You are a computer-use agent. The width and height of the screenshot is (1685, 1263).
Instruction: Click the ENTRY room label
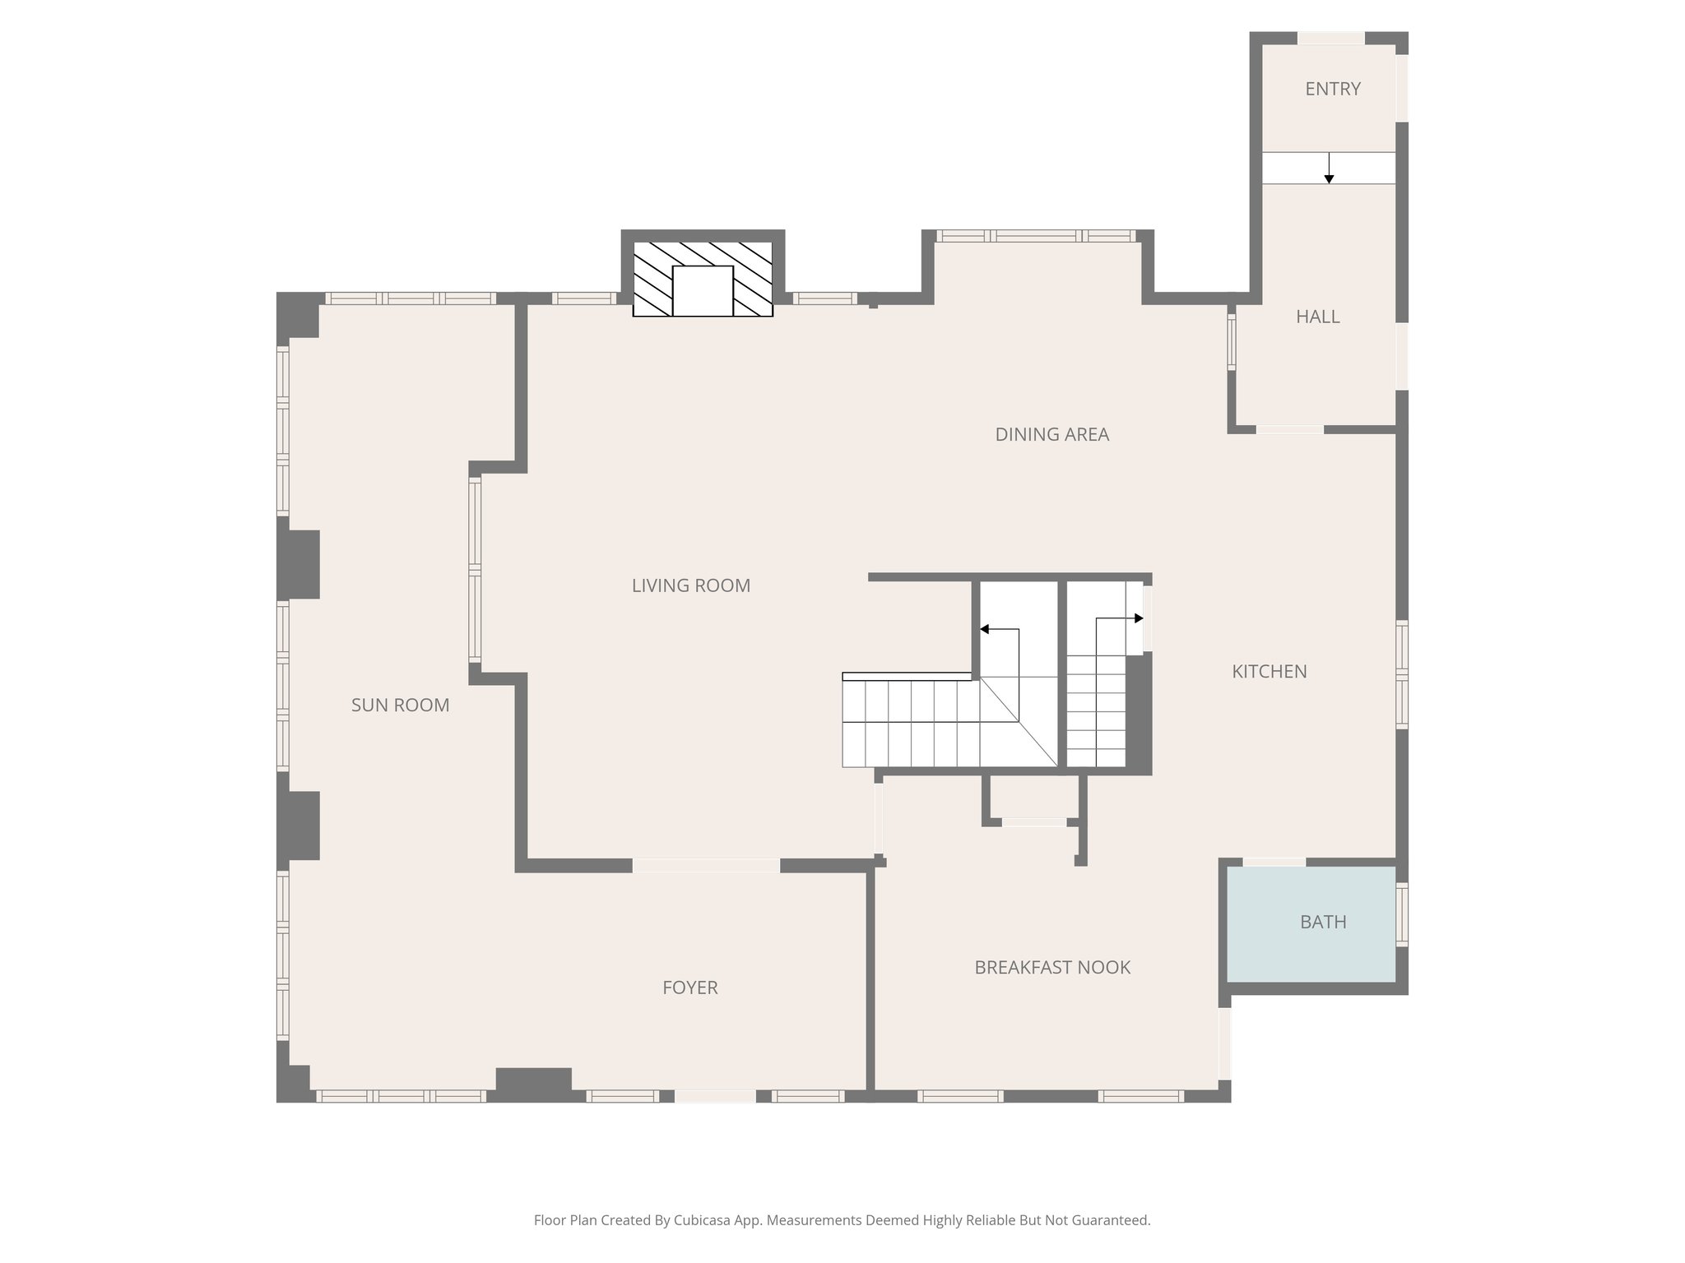[1332, 89]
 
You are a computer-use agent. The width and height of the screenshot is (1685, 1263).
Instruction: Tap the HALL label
[1317, 317]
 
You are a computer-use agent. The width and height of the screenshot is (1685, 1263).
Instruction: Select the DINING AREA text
[1051, 434]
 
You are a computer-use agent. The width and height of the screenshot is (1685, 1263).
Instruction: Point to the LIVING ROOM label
[690, 585]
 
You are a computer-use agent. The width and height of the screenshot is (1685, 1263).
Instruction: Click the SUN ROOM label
[400, 705]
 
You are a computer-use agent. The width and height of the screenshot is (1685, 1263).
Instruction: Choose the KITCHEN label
[1269, 671]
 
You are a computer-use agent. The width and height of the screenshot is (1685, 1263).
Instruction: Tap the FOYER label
[689, 988]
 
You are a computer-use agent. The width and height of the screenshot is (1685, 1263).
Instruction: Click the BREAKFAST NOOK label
[1051, 967]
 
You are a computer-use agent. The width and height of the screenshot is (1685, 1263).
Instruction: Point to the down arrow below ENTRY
[1329, 178]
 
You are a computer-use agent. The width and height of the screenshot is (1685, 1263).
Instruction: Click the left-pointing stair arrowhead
[984, 630]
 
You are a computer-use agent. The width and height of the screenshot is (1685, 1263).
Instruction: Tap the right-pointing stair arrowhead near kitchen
[1139, 618]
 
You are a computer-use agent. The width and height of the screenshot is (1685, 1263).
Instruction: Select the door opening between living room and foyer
[706, 865]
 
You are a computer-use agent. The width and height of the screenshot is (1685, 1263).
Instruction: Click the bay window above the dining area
[1037, 236]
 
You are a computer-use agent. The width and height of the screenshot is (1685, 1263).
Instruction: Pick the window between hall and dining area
[1232, 340]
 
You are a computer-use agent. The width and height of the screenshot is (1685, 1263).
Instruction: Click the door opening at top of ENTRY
[1330, 38]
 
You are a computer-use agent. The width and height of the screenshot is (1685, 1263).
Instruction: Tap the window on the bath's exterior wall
[1402, 914]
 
